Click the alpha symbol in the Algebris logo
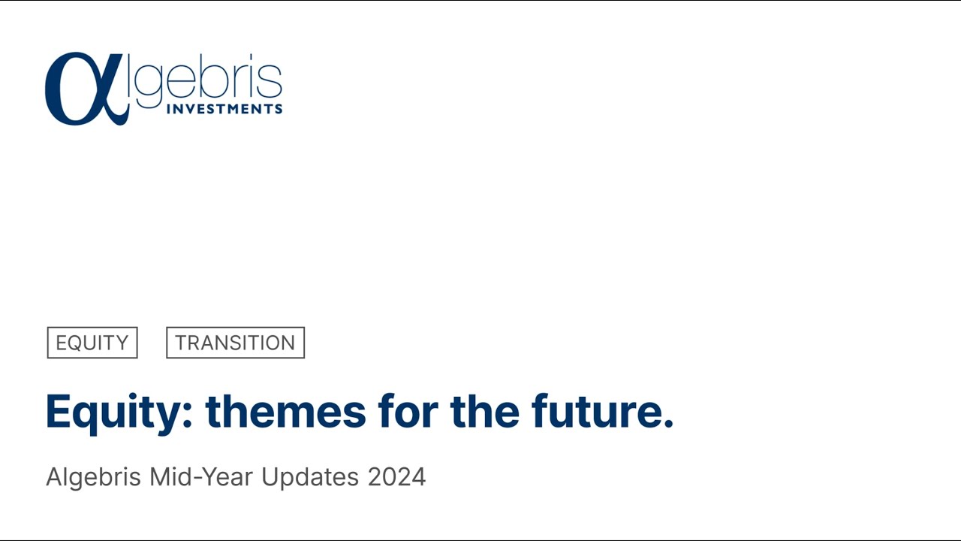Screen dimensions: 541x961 tap(81, 89)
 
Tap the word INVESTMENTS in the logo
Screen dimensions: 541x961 tap(224, 109)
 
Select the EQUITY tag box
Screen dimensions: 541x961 tap(92, 343)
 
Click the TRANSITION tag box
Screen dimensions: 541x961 tap(235, 343)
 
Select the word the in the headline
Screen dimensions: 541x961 tap(484, 412)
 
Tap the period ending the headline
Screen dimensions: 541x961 tap(668, 425)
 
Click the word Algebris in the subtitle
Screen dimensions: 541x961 tap(95, 477)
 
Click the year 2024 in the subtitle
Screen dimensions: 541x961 tap(396, 477)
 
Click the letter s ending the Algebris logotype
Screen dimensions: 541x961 tap(274, 83)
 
